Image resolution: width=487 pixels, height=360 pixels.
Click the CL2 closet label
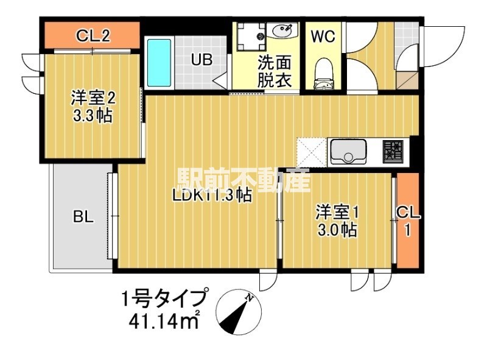point(93,36)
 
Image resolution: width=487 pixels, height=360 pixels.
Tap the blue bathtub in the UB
point(160,63)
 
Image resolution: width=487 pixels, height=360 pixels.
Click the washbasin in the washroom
point(282,30)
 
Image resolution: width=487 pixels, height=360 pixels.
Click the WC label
point(323,37)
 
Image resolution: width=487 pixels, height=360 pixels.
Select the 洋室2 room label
point(93,97)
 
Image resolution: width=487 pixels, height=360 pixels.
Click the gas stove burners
point(394,151)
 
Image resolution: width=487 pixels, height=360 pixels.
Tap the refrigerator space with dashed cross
point(312,152)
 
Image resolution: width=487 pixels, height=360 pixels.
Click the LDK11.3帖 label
point(212,195)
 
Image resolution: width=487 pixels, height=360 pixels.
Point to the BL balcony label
point(83,217)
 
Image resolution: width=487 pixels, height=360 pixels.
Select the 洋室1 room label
point(337,213)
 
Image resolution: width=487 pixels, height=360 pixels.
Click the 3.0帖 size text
point(337,231)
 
